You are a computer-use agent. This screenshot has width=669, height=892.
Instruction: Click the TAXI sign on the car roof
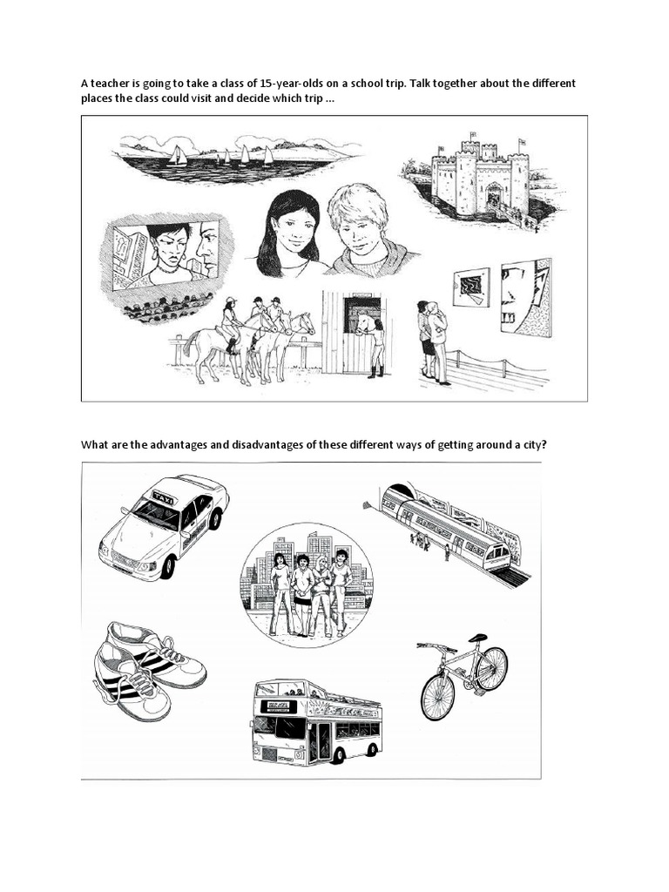[163, 497]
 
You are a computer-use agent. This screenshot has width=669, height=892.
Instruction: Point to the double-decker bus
[316, 721]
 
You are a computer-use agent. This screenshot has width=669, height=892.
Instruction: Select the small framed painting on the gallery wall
[470, 287]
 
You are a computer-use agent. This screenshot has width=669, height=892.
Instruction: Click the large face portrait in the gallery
[525, 295]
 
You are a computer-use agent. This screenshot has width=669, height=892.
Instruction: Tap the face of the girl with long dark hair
[295, 228]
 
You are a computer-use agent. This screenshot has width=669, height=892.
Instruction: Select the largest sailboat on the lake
[177, 155]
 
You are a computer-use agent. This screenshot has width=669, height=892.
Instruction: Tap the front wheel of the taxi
[166, 566]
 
